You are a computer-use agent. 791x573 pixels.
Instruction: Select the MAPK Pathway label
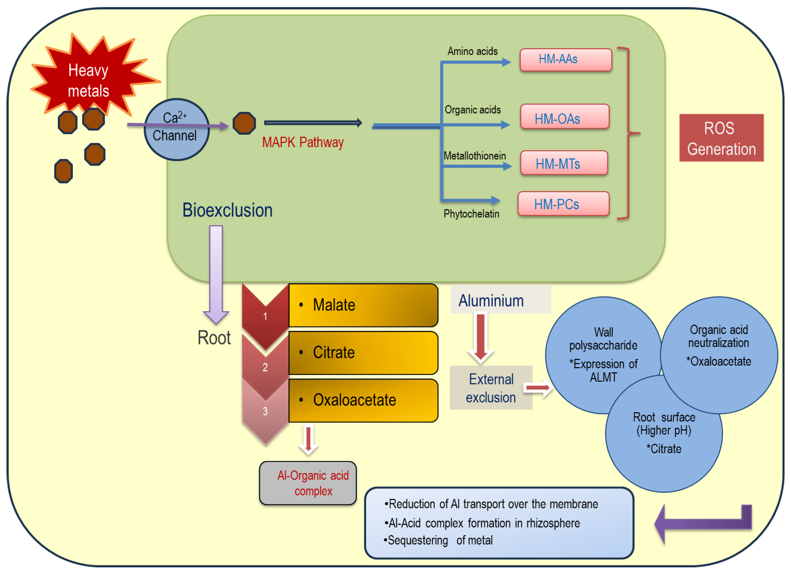point(303,142)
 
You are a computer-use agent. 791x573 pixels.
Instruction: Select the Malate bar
point(363,305)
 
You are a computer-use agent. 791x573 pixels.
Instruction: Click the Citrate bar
point(363,353)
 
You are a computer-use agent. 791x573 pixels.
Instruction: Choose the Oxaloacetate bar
point(363,400)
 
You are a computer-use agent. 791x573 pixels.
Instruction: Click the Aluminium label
point(491,301)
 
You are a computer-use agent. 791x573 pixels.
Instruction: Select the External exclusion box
point(491,388)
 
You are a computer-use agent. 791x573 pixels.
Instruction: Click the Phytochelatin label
point(471,214)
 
